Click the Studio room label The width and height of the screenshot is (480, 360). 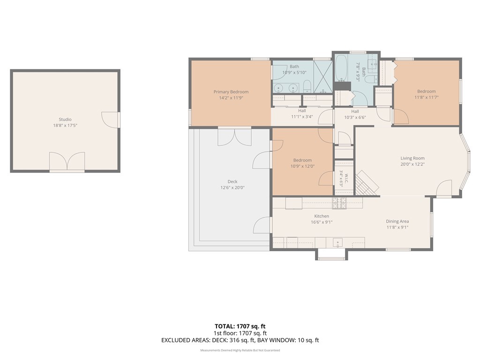click(x=65, y=120)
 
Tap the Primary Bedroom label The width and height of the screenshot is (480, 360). click(x=231, y=92)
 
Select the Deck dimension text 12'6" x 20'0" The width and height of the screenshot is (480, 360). click(x=232, y=187)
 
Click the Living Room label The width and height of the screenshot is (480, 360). click(x=412, y=158)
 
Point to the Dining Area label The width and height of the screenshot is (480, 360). click(x=397, y=221)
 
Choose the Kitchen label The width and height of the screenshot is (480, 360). click(x=322, y=216)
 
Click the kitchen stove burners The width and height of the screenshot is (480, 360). click(x=339, y=203)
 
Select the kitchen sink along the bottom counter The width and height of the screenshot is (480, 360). click(x=337, y=242)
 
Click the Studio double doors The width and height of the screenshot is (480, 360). click(x=67, y=161)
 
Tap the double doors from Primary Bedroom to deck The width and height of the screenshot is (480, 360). click(x=234, y=137)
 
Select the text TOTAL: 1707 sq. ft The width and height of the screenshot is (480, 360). click(x=240, y=326)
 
